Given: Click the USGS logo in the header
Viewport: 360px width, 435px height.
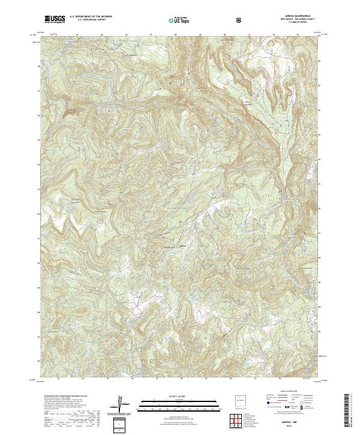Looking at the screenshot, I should [x=55, y=20].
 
